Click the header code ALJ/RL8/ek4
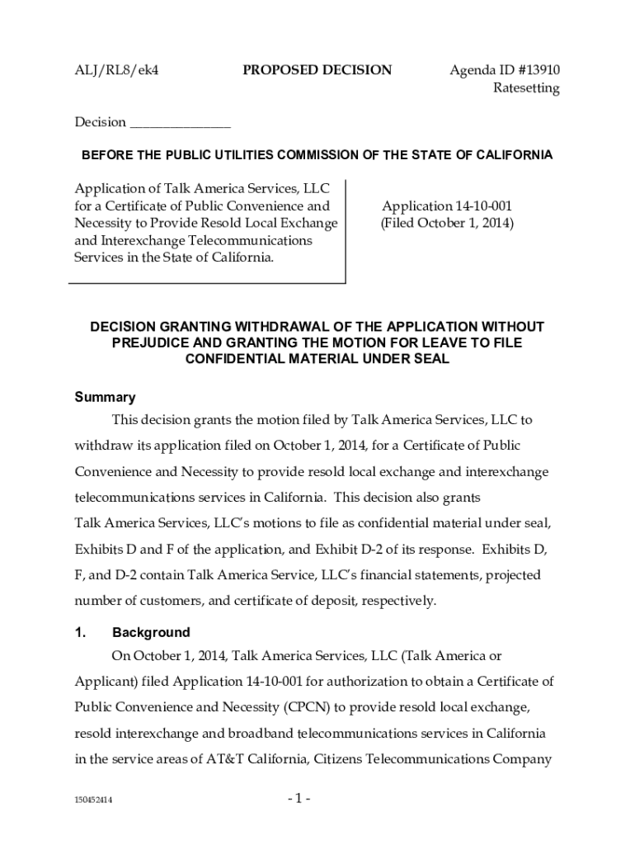click(116, 70)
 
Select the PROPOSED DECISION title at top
click(317, 70)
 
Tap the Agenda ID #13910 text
click(505, 70)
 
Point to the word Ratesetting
click(526, 88)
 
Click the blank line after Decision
click(181, 123)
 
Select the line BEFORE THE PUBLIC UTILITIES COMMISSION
click(316, 155)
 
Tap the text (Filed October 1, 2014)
click(446, 224)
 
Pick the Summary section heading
click(105, 397)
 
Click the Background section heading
click(151, 633)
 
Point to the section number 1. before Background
click(80, 633)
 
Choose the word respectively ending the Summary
click(394, 601)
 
